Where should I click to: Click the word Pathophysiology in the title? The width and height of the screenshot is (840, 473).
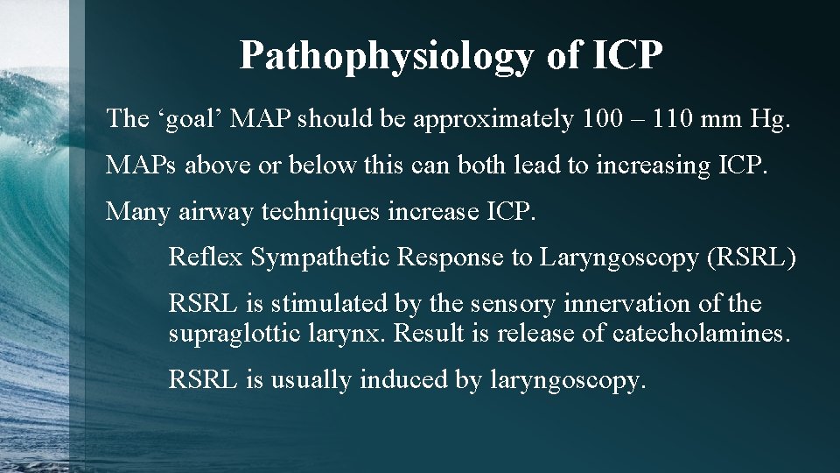point(385,55)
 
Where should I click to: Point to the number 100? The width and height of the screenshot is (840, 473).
point(602,118)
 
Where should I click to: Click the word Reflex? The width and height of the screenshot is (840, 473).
point(205,257)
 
